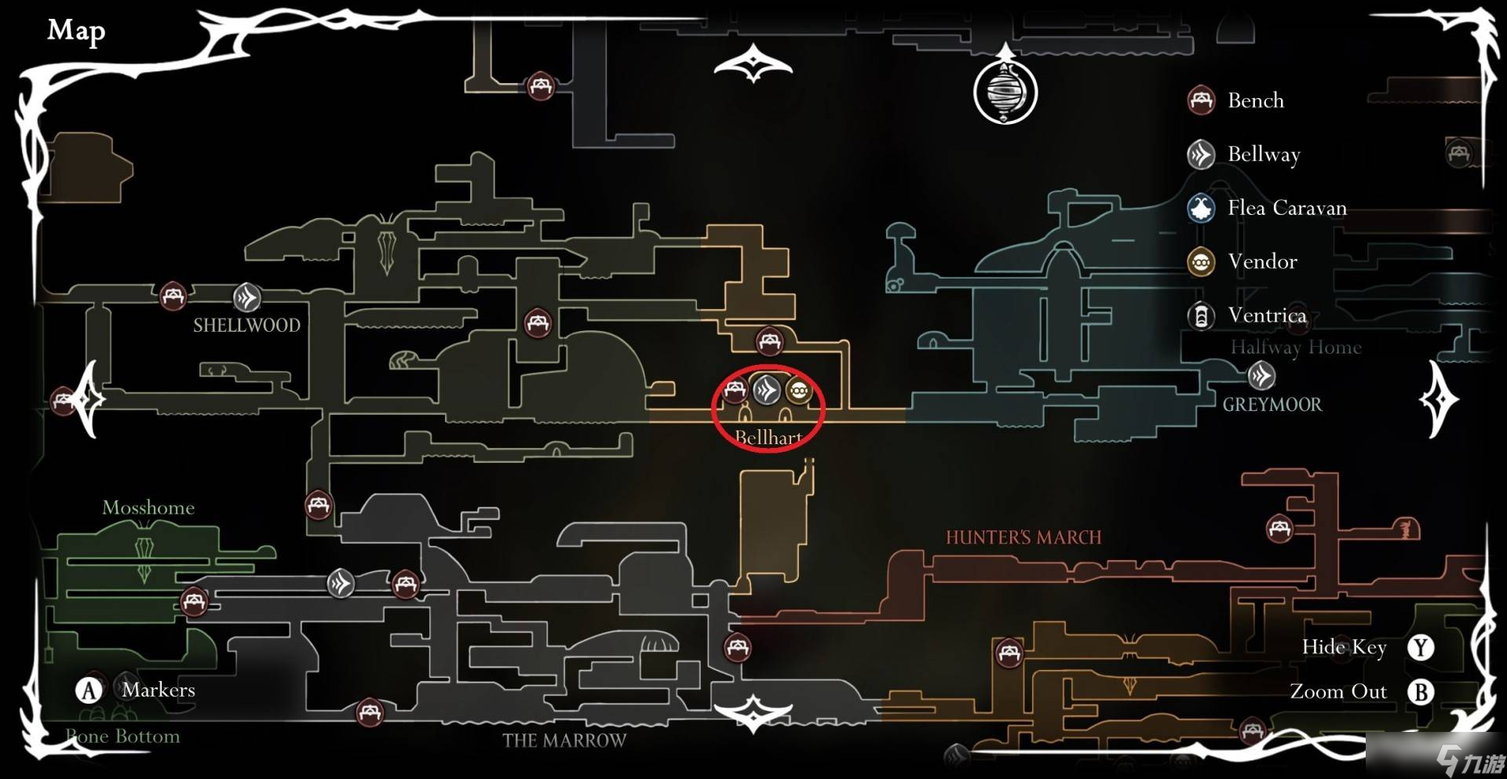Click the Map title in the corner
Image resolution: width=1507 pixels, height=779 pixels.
pyautogui.click(x=76, y=31)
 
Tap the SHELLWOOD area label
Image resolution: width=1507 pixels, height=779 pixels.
pyautogui.click(x=246, y=325)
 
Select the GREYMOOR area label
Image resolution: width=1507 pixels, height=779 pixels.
pyautogui.click(x=1272, y=405)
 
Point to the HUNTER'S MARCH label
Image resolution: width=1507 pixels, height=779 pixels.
pyautogui.click(x=1023, y=537)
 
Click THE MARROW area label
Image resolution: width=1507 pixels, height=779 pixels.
pyautogui.click(x=564, y=741)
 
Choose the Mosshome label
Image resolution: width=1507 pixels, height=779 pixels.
pyautogui.click(x=148, y=508)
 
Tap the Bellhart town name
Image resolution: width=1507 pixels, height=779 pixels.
pyautogui.click(x=768, y=438)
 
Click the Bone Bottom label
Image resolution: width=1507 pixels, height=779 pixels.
pyautogui.click(x=122, y=737)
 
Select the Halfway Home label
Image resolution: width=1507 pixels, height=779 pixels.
pyautogui.click(x=1295, y=348)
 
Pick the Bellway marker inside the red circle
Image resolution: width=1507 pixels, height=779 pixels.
pyautogui.click(x=767, y=390)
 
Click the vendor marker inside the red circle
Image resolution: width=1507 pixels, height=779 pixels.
pyautogui.click(x=798, y=390)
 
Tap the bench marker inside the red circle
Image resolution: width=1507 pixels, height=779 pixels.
pyautogui.click(x=735, y=390)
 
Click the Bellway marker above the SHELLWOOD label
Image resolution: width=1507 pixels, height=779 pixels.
pyautogui.click(x=246, y=298)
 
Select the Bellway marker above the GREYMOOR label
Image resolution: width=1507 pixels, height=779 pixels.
pyautogui.click(x=1261, y=377)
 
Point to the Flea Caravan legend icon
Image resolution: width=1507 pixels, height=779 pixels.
pyautogui.click(x=1200, y=209)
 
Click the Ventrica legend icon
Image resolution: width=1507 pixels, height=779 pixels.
pyautogui.click(x=1200, y=316)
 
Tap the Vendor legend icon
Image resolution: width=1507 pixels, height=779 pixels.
pyautogui.click(x=1200, y=262)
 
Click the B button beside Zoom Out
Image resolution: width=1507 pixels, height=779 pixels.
pyautogui.click(x=1420, y=692)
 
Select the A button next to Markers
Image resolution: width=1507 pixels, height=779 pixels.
pyautogui.click(x=89, y=690)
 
